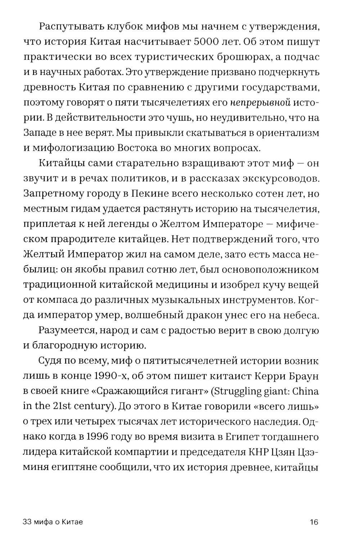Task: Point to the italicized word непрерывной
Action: click(x=261, y=103)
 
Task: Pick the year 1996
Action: click(x=99, y=437)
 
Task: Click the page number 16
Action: click(x=314, y=522)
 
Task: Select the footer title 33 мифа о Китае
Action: click(x=53, y=522)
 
